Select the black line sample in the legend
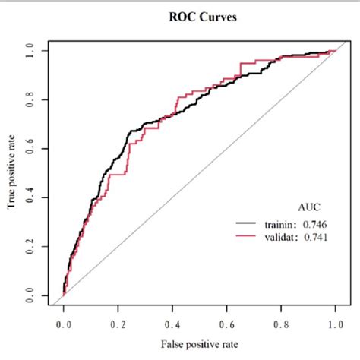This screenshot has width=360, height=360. pyautogui.click(x=247, y=223)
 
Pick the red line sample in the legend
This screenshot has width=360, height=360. pyautogui.click(x=247, y=238)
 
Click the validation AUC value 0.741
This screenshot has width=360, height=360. pyautogui.click(x=316, y=238)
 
